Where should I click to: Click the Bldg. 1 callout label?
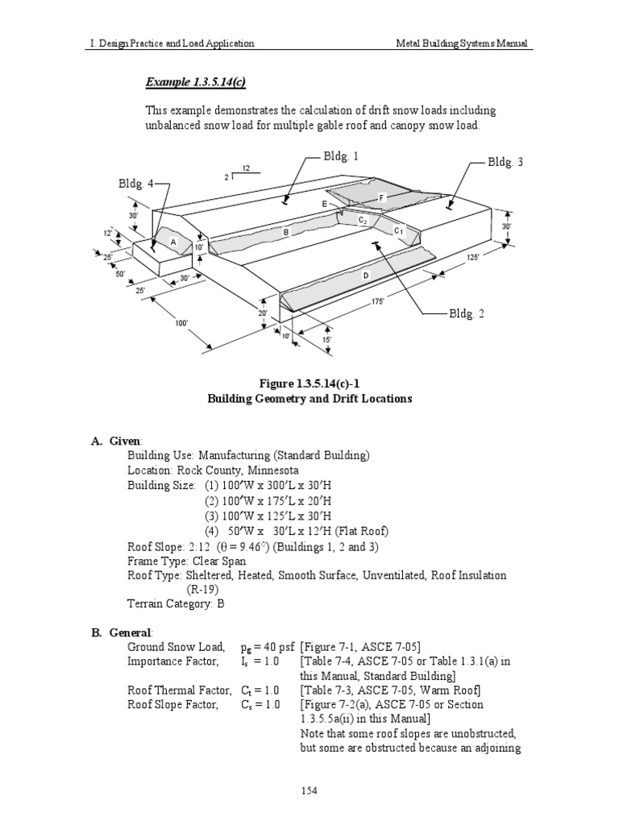[x=342, y=156]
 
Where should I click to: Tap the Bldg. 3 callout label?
[x=505, y=162]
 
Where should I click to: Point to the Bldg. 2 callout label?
[x=467, y=313]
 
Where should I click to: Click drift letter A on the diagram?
[x=172, y=242]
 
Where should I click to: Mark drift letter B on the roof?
[x=285, y=232]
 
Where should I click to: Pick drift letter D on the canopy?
[x=365, y=276]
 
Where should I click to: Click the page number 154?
[x=309, y=790]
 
